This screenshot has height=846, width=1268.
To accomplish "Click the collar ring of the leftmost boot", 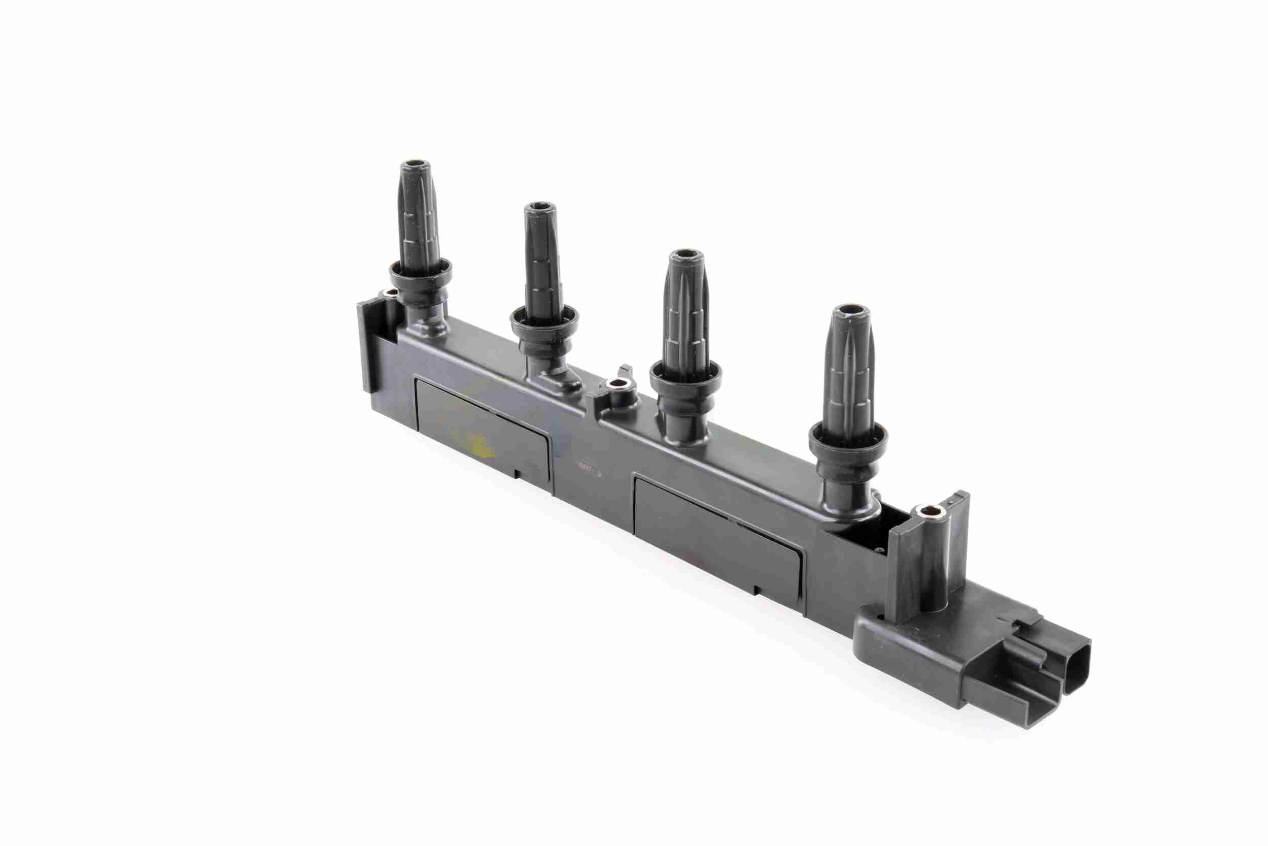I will coord(421,270).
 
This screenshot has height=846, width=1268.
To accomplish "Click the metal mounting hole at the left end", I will coord(389,293).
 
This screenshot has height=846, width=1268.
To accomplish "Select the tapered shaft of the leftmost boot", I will coord(418,216).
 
